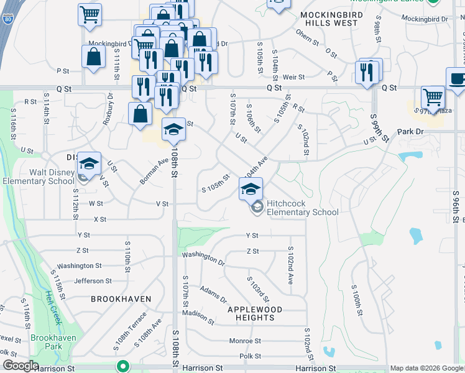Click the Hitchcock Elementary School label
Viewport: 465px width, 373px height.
(x=303, y=208)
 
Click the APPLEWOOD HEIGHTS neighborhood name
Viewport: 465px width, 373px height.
(x=255, y=313)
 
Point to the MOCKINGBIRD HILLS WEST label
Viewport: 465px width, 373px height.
(x=329, y=18)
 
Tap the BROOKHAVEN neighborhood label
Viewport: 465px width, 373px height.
(x=121, y=299)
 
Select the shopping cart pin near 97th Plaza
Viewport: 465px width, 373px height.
(x=433, y=98)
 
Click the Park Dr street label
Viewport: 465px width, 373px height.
(x=410, y=132)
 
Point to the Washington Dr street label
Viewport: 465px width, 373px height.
(x=203, y=258)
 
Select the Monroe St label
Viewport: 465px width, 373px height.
(x=245, y=341)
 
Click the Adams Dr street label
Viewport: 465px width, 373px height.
(x=214, y=295)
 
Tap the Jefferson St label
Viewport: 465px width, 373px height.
(x=93, y=281)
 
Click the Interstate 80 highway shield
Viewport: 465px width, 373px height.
(x=6, y=21)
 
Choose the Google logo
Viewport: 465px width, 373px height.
(x=20, y=366)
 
